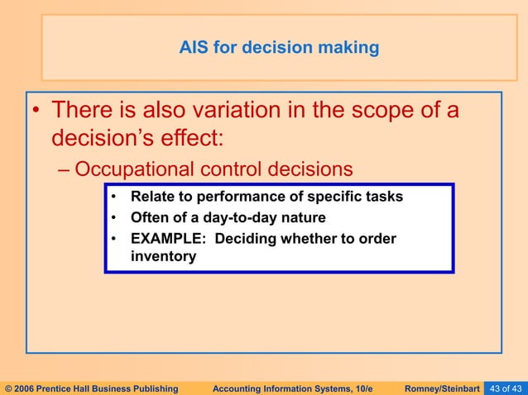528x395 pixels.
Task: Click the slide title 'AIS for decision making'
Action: click(279, 48)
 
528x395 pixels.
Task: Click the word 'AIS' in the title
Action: click(194, 48)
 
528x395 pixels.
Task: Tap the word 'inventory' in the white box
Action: click(163, 256)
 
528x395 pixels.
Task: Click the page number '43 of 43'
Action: click(505, 387)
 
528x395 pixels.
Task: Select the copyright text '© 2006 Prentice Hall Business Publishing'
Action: click(91, 387)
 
